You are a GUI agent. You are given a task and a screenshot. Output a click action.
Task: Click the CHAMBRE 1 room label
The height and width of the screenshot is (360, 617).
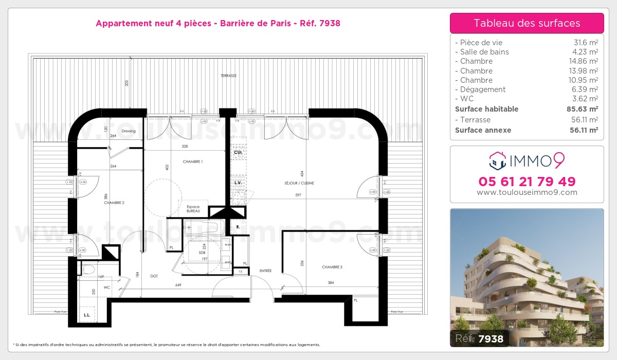click(x=193, y=161)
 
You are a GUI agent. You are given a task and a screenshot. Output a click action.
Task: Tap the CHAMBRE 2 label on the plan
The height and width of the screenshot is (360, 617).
click(x=114, y=203)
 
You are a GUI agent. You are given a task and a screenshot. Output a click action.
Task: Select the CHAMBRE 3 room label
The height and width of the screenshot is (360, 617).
click(x=332, y=267)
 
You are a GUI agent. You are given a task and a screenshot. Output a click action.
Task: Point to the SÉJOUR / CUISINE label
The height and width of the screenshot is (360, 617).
click(x=299, y=183)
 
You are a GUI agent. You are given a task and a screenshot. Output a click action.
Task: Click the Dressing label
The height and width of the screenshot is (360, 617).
click(x=128, y=131)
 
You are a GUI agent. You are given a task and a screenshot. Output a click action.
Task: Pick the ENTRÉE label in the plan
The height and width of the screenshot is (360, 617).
click(x=265, y=271)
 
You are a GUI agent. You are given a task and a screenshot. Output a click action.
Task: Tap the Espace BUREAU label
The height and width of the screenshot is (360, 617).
click(x=193, y=209)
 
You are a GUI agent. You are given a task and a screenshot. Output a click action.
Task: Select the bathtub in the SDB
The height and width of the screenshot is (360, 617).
click(x=202, y=226)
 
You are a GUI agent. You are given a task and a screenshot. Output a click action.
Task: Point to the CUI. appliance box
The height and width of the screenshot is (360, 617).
click(x=238, y=153)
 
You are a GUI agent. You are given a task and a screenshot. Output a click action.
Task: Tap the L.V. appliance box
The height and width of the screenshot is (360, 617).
click(x=238, y=183)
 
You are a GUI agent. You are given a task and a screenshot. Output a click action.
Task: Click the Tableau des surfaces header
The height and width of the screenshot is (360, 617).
click(x=527, y=23)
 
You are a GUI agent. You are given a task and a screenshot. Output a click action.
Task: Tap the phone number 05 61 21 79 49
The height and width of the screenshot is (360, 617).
click(x=527, y=182)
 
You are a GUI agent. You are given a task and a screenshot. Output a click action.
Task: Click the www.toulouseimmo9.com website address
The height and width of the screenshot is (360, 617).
click(x=527, y=192)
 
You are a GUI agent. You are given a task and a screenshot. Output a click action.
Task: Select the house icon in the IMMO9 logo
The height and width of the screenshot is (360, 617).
click(x=497, y=161)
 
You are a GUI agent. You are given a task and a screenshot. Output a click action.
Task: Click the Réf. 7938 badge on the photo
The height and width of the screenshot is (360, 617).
click(x=479, y=338)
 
